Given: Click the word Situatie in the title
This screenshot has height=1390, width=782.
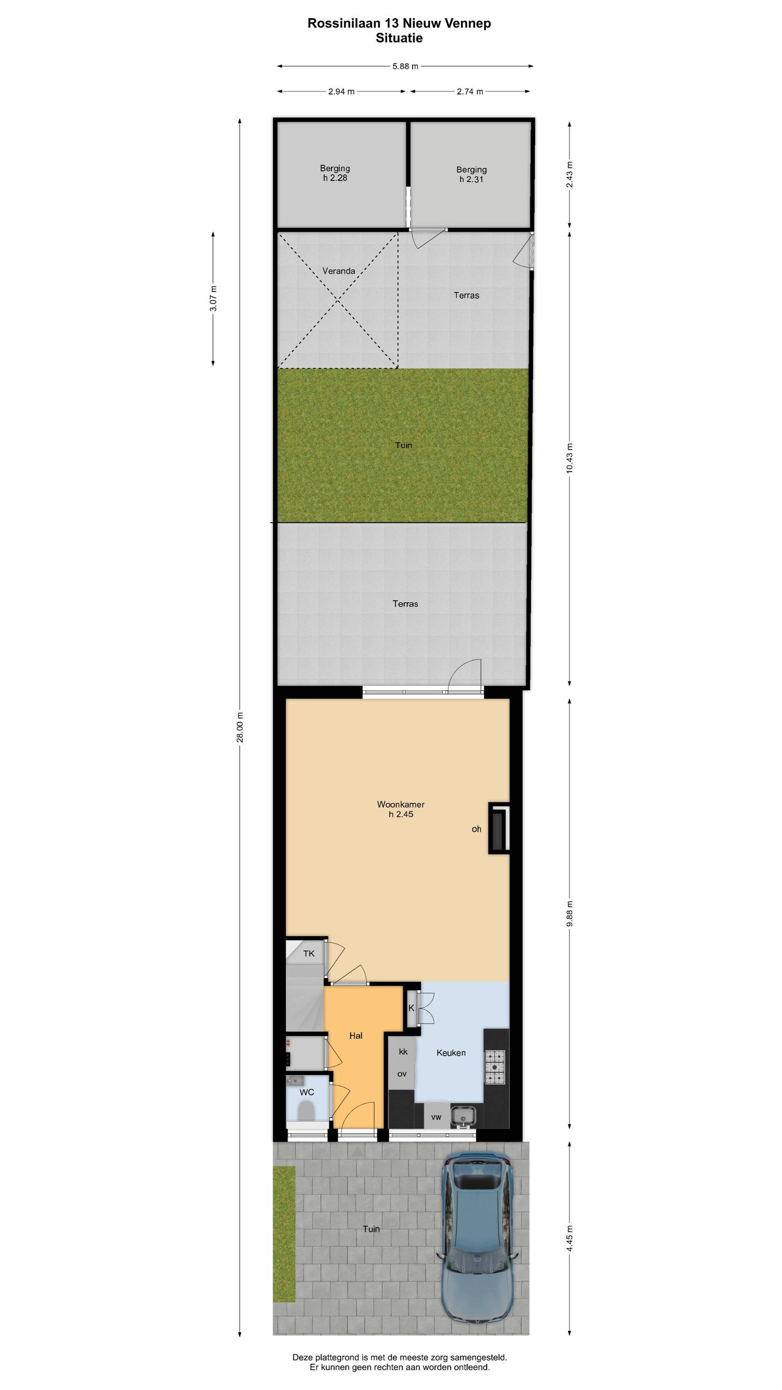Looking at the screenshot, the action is pyautogui.click(x=399, y=38).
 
